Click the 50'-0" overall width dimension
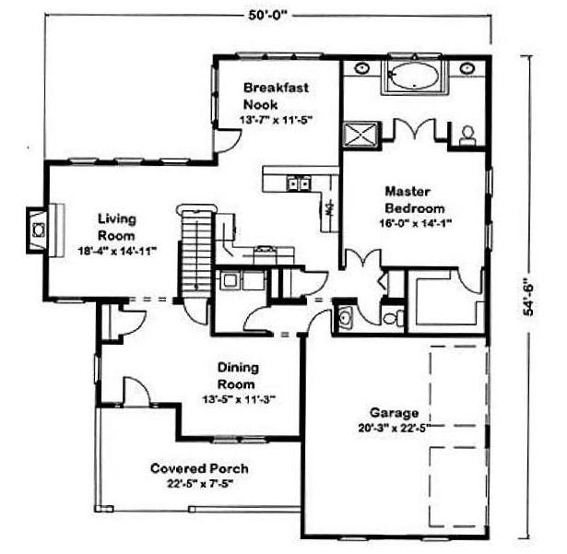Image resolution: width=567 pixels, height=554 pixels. click(267, 17)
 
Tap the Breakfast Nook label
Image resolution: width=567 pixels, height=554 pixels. click(276, 96)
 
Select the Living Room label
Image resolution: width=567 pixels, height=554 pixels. click(117, 227)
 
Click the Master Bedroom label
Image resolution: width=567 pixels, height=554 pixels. click(414, 200)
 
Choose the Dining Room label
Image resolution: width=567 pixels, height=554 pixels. click(238, 376)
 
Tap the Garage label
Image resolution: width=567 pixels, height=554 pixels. click(395, 413)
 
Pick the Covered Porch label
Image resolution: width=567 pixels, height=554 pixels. click(199, 468)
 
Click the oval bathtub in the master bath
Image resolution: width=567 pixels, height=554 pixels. click(414, 76)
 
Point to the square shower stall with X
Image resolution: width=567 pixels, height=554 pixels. click(360, 135)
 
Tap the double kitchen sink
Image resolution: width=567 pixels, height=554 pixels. click(298, 183)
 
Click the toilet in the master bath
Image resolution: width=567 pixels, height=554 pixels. click(467, 136)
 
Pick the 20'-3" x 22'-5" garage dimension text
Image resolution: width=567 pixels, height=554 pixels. click(395, 428)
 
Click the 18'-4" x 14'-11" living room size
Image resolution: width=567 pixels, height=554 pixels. click(117, 251)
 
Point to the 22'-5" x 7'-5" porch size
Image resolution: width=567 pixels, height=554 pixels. click(199, 484)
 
